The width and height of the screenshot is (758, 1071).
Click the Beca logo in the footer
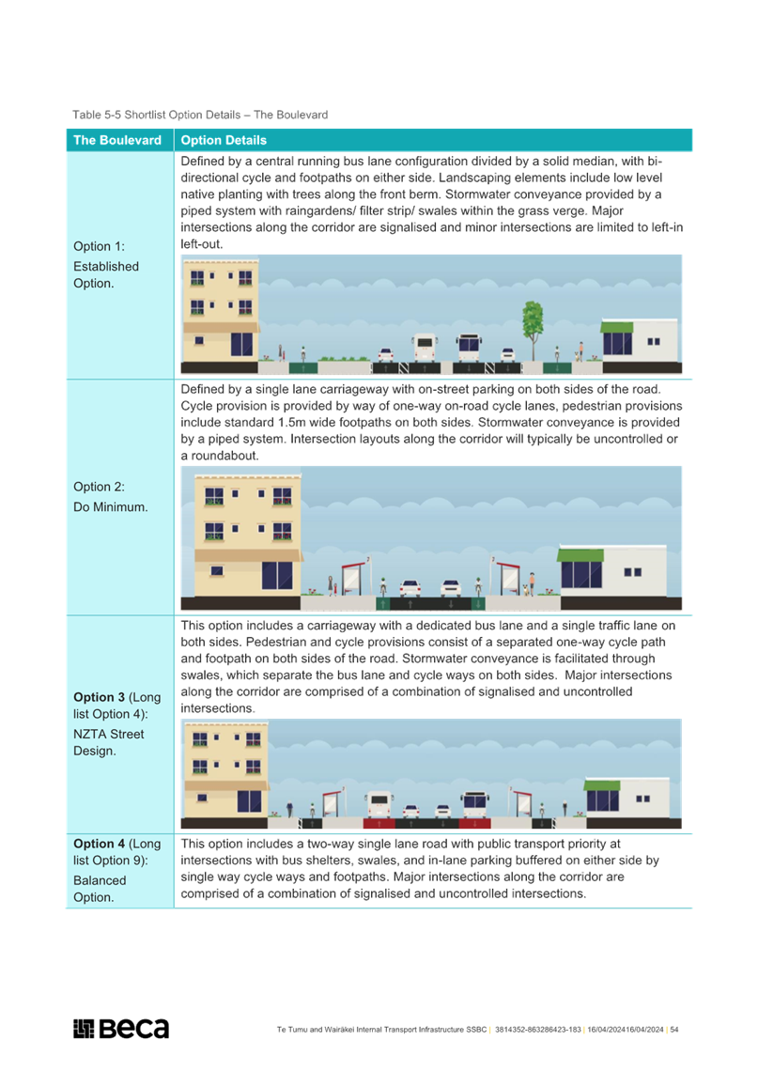coord(121,1028)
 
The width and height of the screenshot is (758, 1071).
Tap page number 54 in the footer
coord(674,1030)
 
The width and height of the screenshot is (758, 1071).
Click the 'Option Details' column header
coord(224,140)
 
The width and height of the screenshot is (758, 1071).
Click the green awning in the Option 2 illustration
coord(580,554)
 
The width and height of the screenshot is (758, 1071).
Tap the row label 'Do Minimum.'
coord(111,506)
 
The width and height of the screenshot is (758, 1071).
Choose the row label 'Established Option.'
coord(106,274)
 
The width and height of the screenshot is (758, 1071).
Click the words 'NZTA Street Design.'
coord(109,742)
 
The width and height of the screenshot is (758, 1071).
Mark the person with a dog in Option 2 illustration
coord(530,584)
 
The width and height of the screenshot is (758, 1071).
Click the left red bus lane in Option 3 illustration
coord(378,823)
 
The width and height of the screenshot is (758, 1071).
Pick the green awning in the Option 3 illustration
coord(602,785)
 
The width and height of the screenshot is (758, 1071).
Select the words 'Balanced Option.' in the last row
coord(100,889)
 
